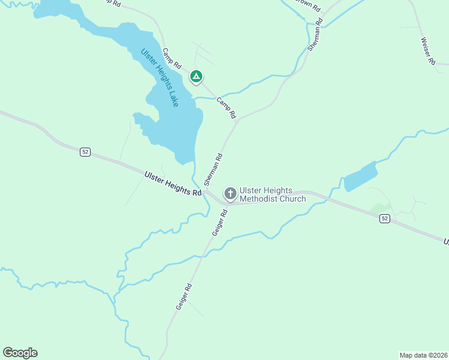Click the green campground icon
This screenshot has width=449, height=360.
click(x=196, y=77)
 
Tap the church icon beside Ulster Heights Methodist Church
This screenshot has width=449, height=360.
click(x=230, y=193)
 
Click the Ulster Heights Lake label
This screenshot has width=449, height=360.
click(x=160, y=77)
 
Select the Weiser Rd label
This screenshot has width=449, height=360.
click(x=427, y=52)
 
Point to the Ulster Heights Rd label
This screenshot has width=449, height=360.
click(x=173, y=184)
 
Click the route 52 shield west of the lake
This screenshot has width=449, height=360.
click(x=85, y=152)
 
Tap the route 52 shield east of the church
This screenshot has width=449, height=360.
click(x=385, y=219)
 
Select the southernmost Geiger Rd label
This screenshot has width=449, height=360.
click(x=184, y=296)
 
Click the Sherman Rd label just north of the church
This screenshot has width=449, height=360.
click(x=213, y=169)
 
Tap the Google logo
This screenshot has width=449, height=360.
click(x=20, y=353)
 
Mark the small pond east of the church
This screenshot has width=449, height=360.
click(x=360, y=176)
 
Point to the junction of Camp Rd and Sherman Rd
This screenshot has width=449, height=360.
click(x=238, y=119)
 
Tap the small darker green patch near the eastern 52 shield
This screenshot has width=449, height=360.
click(x=380, y=208)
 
